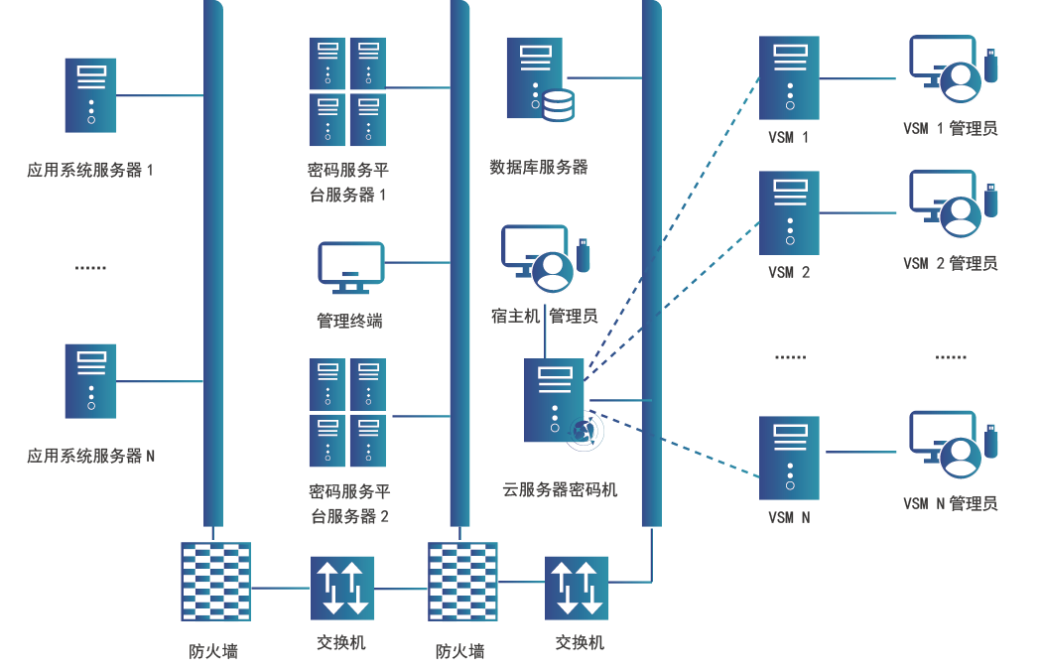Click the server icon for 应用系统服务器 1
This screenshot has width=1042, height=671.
pos(90,95)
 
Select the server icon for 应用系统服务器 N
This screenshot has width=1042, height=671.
pos(90,380)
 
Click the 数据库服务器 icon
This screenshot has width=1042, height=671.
pos(538,78)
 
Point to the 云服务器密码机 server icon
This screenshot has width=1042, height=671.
pos(555,400)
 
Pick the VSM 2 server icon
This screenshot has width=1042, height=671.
pos(790,212)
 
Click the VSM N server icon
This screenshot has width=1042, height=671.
pos(790,457)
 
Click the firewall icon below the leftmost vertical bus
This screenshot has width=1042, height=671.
pos(215,582)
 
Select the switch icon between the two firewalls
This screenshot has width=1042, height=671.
pos(341,587)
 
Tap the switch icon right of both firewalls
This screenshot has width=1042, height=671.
pos(577,587)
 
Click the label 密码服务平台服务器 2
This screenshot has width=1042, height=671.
pos(349,504)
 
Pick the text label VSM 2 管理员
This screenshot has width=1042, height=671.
pos(950,263)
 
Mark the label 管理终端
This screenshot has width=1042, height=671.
pos(349,321)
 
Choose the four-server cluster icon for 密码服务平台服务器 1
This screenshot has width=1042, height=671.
pos(346,91)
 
